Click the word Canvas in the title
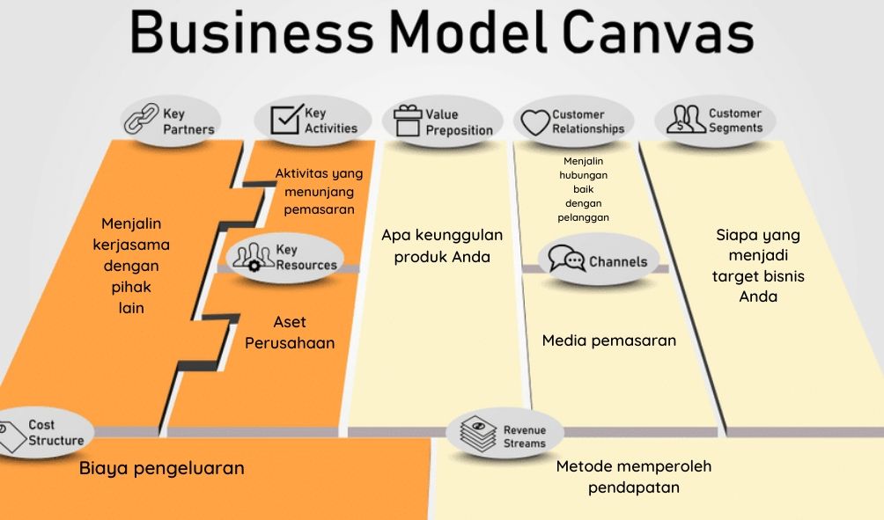[x=657, y=33]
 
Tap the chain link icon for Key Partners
[x=141, y=120]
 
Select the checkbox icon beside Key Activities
[x=285, y=120]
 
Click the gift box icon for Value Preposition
[x=408, y=121]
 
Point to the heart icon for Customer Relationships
[x=533, y=121]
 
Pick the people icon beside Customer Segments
[x=686, y=120]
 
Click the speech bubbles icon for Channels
[x=566, y=259]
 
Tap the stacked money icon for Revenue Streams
[x=477, y=435]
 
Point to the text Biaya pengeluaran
[x=161, y=468]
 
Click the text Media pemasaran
[x=608, y=341]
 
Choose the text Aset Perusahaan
[x=290, y=333]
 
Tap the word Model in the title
[x=468, y=33]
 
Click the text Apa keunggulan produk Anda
[x=441, y=246]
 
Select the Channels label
[x=617, y=261]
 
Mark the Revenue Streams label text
[x=524, y=436]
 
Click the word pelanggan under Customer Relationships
[x=583, y=217]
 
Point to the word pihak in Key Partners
[x=131, y=287]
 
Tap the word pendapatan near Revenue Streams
[x=634, y=487]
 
